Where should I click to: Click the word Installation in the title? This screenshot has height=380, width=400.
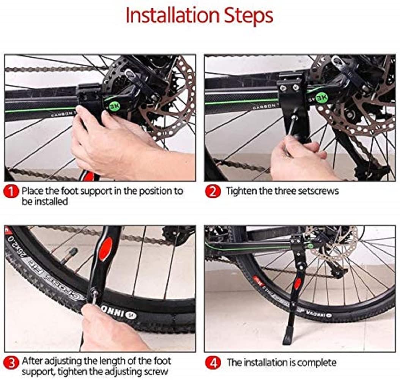(x=172, y=15)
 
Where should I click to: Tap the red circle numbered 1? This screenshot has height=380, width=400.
(x=11, y=192)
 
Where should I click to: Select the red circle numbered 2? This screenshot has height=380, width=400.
(x=213, y=192)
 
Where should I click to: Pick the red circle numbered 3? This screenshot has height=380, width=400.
(x=11, y=363)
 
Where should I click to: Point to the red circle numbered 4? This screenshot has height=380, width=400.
(x=213, y=363)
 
